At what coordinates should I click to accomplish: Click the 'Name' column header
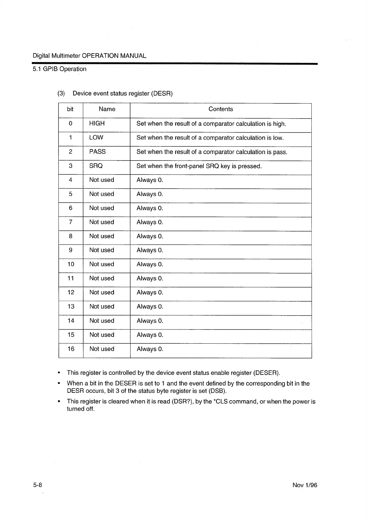click(x=107, y=109)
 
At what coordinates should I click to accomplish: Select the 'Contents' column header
click(x=220, y=109)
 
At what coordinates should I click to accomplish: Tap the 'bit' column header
click(x=70, y=109)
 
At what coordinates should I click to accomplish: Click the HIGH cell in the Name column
click(x=97, y=123)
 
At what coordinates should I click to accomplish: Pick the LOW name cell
click(x=96, y=137)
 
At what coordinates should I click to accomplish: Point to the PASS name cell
click(x=97, y=152)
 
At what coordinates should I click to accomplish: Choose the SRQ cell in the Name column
click(x=96, y=166)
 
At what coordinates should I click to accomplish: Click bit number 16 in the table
click(x=71, y=349)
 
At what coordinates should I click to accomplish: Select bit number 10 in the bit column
click(x=71, y=264)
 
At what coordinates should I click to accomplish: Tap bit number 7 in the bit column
click(x=71, y=222)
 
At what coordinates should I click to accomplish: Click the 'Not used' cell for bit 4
click(x=101, y=180)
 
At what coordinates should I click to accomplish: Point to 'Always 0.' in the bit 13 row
click(x=150, y=307)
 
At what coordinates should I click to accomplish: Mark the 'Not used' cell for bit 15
click(x=101, y=335)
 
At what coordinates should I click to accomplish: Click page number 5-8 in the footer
click(x=37, y=485)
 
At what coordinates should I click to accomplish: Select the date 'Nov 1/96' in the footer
click(x=305, y=485)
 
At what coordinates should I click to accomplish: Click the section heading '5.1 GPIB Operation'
click(x=60, y=69)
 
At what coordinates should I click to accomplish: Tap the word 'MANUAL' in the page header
click(x=133, y=56)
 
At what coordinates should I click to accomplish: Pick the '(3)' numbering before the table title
click(x=61, y=94)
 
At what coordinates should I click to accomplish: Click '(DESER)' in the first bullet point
click(x=266, y=373)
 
